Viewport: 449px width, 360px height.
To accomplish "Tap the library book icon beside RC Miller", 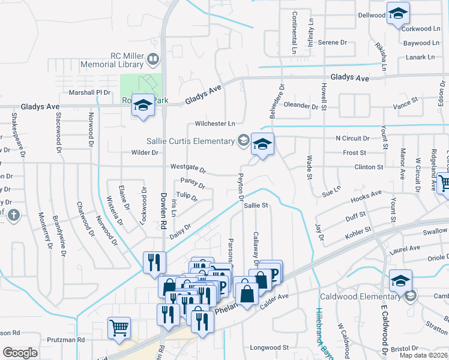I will pos(153,59).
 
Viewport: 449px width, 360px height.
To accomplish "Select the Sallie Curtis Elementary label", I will pos(191,141).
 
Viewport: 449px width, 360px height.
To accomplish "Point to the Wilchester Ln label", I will pos(215,124).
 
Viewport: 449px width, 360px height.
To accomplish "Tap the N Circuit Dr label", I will pos(352,138).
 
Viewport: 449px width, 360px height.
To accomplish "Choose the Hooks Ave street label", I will pos(367,195).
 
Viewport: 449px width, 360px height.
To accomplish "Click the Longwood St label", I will pos(270,347).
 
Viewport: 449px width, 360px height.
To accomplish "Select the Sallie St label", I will pos(255,205).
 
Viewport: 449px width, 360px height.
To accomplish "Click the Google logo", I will pos(20,352).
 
